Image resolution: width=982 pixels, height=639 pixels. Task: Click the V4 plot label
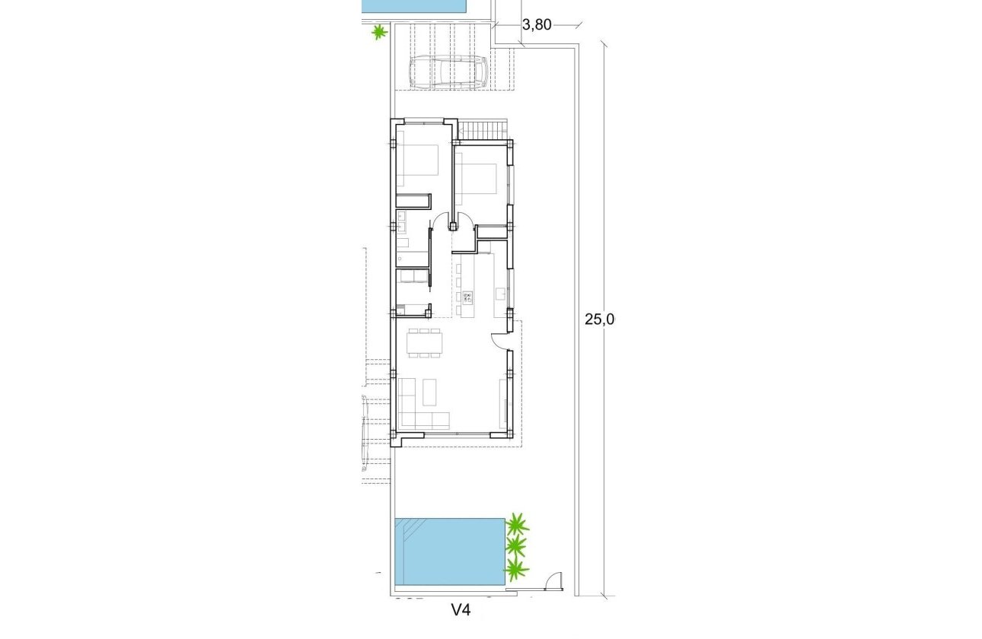461,609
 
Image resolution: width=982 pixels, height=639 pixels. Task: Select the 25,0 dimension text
599,319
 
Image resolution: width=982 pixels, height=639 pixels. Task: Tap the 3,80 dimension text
537,25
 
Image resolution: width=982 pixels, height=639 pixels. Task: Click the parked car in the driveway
448,73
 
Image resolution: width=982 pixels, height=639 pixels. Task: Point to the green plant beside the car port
378,32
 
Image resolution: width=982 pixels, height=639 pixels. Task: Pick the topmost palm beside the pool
517,524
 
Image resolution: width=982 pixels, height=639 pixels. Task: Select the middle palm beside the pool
517,545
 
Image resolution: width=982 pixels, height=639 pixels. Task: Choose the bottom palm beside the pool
517,568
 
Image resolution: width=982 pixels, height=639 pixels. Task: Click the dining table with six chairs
424,342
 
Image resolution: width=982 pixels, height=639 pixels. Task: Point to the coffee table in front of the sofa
429,391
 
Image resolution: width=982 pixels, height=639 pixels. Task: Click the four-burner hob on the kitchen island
466,297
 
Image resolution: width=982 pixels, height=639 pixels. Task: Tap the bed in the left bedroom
416,165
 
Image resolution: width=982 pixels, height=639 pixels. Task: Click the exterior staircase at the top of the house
483,130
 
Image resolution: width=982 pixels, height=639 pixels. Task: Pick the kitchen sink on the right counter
500,292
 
